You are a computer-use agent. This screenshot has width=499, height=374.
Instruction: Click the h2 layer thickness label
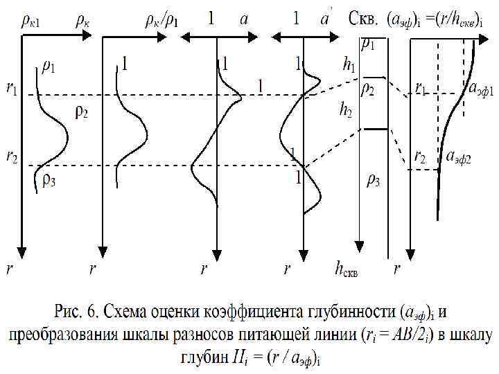344,109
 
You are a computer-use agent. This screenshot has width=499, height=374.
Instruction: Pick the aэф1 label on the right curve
481,90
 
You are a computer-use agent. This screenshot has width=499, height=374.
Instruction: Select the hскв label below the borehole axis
348,267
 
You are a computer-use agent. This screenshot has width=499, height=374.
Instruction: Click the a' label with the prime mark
324,19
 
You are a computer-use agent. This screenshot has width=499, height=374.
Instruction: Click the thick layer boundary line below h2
375,129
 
